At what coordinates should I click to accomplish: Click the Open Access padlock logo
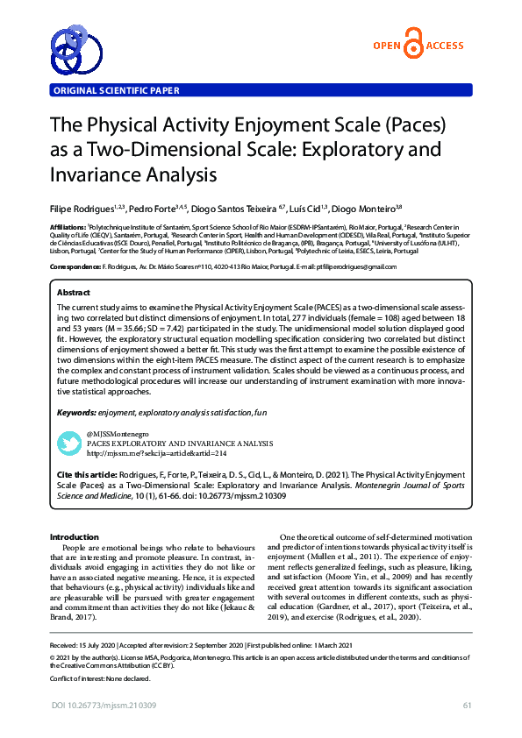click(411, 46)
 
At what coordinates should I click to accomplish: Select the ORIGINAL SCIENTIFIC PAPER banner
click(116, 90)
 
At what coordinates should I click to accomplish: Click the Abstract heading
click(73, 292)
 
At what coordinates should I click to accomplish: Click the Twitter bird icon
click(68, 443)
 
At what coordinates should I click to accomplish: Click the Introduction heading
click(75, 536)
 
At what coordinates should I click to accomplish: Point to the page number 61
click(468, 706)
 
